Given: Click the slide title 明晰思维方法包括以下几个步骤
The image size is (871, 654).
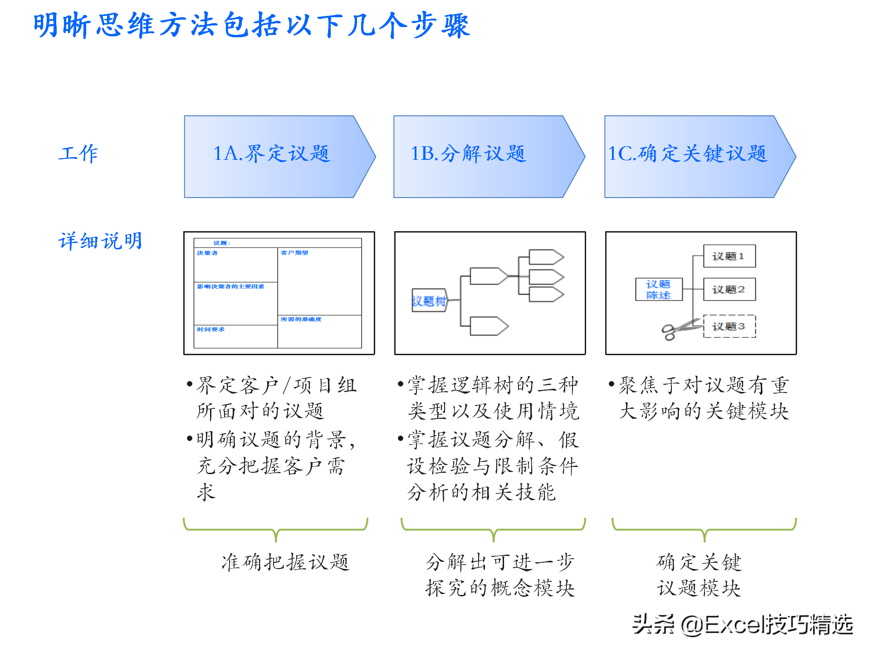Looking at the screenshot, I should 252,25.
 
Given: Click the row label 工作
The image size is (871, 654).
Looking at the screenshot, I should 78,154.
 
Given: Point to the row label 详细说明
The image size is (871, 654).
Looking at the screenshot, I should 100,241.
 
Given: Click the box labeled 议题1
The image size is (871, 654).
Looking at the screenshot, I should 729,256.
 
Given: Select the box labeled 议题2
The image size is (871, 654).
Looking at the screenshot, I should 729,289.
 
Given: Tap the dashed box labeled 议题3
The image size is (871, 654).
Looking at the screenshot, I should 729,326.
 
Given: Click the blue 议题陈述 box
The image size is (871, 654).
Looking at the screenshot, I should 658,289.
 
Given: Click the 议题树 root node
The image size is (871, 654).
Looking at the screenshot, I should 429,301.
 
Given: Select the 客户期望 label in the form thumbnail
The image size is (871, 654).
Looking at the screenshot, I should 294,253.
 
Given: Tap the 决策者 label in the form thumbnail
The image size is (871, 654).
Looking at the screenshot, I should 207,253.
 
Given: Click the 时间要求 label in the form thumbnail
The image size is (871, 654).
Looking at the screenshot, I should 210,329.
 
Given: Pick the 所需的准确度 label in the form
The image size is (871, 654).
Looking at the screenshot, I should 301,319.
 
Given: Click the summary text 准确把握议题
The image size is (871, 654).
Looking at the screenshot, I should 285,562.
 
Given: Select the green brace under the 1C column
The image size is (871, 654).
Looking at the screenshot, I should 704,529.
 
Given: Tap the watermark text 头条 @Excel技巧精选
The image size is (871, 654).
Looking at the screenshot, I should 742,624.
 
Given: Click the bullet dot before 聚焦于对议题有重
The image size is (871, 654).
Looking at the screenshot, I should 612,384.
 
